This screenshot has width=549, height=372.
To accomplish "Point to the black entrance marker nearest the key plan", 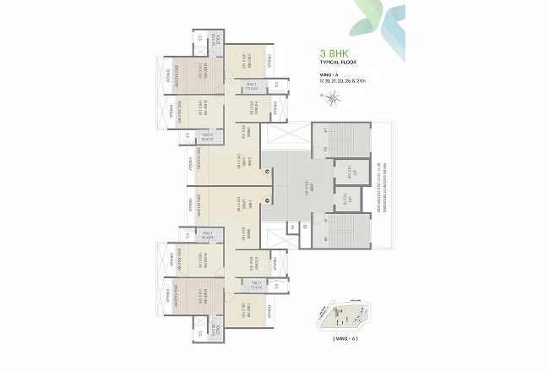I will [268, 200].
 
